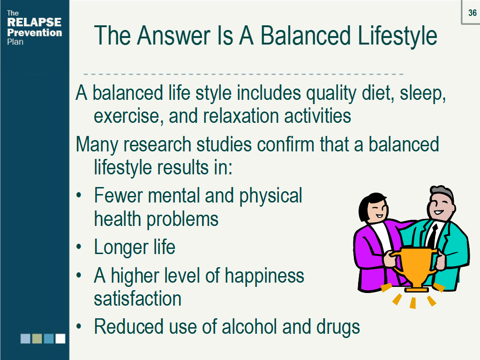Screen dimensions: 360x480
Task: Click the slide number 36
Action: point(472,13)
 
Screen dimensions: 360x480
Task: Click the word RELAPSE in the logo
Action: point(34,22)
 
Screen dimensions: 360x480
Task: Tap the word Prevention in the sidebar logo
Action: point(34,32)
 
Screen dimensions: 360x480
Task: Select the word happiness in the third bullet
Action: point(264,276)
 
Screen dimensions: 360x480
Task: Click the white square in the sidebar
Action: point(60,338)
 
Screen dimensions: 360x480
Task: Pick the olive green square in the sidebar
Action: point(37,338)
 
